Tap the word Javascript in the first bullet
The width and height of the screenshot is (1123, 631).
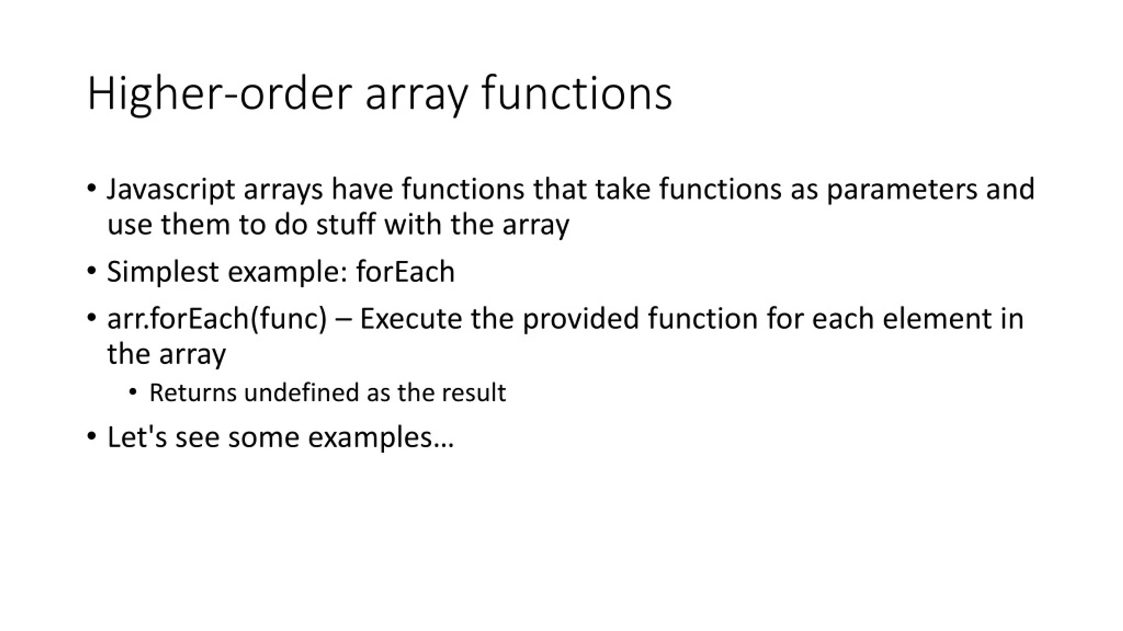(x=171, y=190)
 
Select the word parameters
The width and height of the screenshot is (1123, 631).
(x=902, y=190)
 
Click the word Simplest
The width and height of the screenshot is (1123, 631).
(x=163, y=272)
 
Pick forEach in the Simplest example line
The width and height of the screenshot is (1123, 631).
(x=405, y=272)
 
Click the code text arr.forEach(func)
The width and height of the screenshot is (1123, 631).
(x=217, y=319)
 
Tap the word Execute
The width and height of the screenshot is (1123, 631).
(x=411, y=319)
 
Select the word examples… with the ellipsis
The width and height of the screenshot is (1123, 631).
(x=381, y=437)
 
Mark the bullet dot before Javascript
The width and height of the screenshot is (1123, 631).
(x=91, y=188)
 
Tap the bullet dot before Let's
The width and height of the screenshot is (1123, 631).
(x=91, y=436)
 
